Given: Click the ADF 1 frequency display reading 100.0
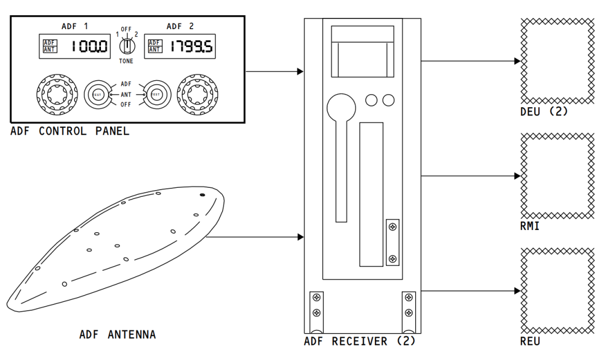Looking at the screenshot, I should coord(74,46).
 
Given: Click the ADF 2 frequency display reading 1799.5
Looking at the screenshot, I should coord(180,46).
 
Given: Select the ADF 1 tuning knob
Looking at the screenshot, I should coord(58,93).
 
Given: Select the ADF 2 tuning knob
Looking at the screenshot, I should coord(198,93).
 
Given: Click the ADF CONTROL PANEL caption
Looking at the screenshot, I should coord(70,132).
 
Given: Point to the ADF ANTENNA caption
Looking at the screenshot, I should coord(117,335).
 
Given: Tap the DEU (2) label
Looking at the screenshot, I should coord(544,112).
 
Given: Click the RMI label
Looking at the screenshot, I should coord(530,227).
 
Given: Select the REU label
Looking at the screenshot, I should coord(530,341).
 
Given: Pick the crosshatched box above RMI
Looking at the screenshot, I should coord(557,176).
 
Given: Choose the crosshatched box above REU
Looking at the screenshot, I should coord(557,290).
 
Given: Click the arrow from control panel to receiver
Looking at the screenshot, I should coord(275,72).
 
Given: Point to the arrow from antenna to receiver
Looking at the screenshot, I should coord(255,237).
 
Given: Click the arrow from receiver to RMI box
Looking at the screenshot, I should coord(471,176).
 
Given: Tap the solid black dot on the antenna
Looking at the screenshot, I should coord(203,195).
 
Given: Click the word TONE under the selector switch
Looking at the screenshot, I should coord(126,61).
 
